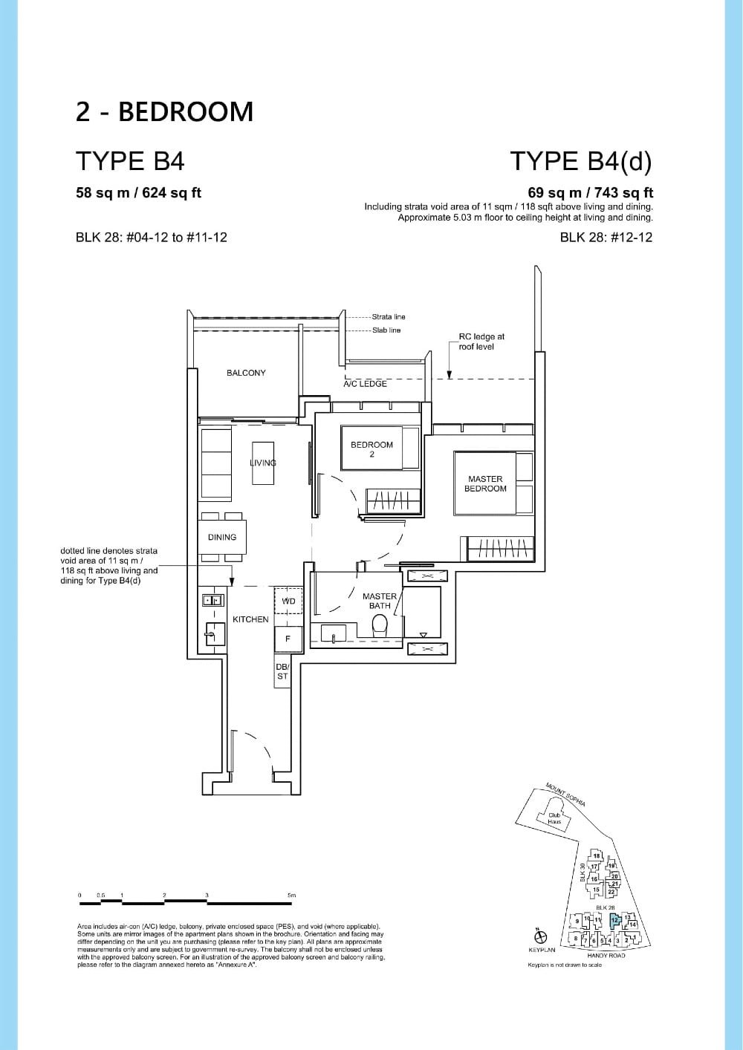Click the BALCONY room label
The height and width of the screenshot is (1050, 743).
(246, 373)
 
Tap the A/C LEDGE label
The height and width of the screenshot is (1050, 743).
(365, 384)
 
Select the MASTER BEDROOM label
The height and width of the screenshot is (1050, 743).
(485, 484)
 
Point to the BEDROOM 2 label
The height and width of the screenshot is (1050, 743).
(371, 449)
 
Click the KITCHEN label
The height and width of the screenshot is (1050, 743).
(250, 619)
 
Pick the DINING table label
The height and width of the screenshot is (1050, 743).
(221, 537)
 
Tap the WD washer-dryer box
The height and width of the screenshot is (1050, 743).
(288, 601)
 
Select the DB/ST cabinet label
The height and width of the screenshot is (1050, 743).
(282, 671)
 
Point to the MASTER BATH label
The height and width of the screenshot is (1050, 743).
(380, 601)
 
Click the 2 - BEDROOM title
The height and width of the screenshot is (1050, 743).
(164, 111)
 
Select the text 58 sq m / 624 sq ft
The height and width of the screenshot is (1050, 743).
(139, 193)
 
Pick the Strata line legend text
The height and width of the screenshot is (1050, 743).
(389, 317)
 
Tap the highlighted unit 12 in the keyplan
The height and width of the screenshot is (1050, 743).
(614, 920)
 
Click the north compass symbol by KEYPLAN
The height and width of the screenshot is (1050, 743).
(542, 936)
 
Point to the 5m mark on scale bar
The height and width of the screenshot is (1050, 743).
(292, 896)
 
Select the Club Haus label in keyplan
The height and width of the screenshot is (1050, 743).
(554, 818)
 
